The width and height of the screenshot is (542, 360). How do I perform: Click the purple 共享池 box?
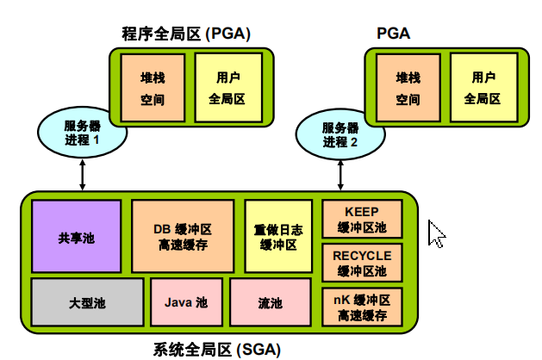[77, 237]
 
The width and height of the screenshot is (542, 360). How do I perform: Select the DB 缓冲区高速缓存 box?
[183, 237]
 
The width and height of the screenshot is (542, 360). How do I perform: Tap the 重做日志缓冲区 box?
[277, 237]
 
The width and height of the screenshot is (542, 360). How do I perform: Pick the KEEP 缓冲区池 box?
[362, 220]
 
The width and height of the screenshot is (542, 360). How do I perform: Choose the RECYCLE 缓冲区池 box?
[362, 262]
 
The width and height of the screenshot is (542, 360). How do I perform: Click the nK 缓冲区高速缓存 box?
[362, 306]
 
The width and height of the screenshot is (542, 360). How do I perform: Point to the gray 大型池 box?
[87, 302]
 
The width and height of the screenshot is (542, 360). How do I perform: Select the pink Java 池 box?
[186, 302]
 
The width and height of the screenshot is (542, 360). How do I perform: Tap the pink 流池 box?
[270, 302]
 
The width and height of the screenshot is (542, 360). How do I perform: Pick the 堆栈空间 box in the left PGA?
[153, 88]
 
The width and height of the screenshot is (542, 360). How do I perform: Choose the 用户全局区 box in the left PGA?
[227, 88]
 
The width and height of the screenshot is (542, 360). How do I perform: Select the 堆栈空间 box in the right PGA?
[408, 88]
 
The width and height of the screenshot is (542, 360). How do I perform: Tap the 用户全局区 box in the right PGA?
[483, 88]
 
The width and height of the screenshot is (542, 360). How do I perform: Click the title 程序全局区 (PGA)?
[185, 34]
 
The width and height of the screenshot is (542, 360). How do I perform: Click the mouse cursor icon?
[436, 233]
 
